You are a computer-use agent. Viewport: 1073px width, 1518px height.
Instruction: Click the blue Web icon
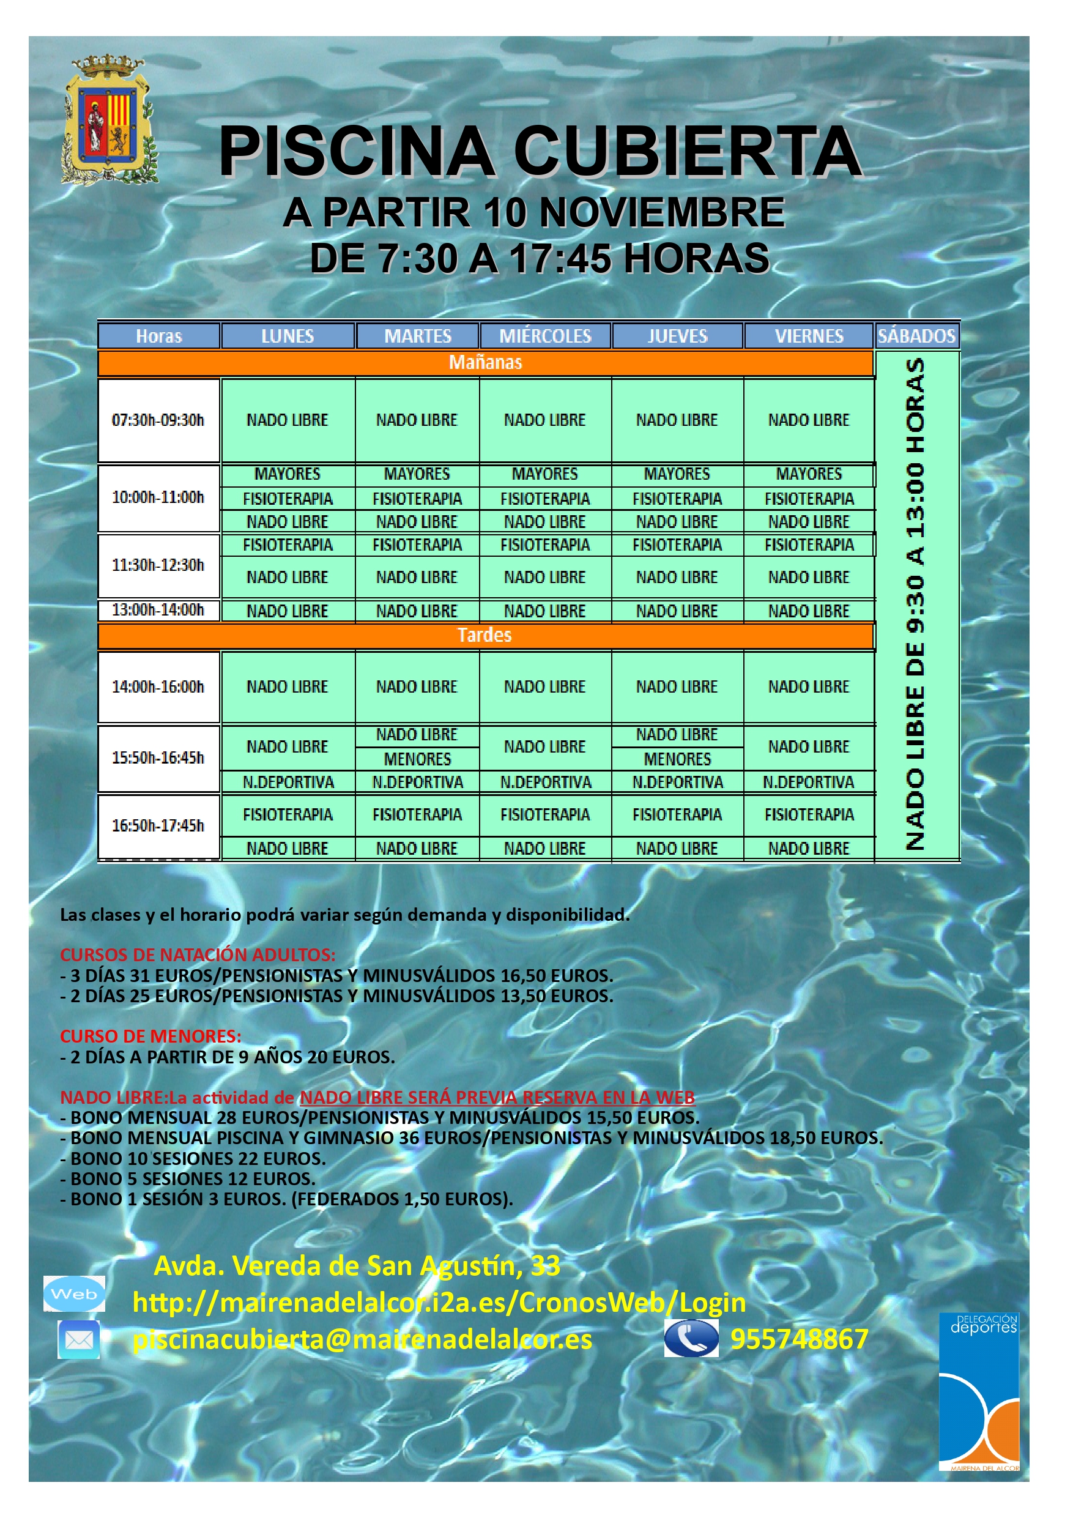(74, 1294)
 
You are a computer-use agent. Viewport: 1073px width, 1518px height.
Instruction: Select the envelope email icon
(79, 1340)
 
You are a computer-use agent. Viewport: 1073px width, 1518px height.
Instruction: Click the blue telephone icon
(691, 1338)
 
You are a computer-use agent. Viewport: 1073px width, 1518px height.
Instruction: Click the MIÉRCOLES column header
(545, 336)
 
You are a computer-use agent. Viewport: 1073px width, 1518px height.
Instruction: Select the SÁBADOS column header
(916, 336)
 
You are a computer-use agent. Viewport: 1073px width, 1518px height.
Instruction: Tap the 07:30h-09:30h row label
(158, 420)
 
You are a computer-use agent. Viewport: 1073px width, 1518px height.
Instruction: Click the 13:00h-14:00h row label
(158, 609)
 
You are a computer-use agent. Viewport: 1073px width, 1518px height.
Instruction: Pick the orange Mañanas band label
(485, 362)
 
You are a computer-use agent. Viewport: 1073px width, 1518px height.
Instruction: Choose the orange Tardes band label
(485, 635)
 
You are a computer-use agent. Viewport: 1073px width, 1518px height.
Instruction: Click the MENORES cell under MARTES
(417, 759)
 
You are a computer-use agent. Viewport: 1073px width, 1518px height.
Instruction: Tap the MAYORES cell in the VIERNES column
(809, 474)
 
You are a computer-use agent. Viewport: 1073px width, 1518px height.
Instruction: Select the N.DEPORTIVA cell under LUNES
(288, 782)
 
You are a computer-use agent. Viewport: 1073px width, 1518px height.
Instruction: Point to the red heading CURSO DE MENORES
(150, 1036)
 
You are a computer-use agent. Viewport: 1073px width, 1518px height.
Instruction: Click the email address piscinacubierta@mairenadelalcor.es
(362, 1339)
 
